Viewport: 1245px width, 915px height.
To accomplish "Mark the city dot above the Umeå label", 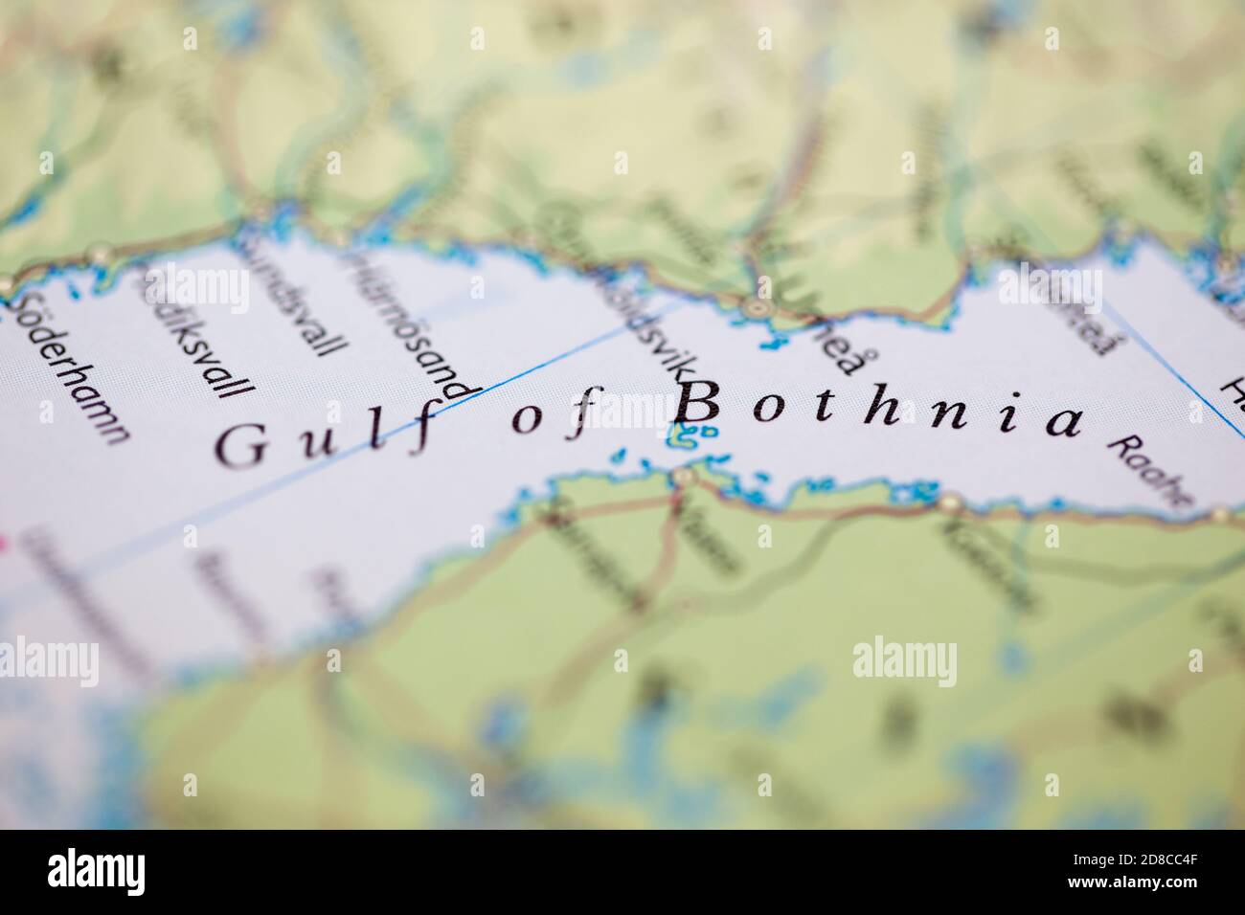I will (758, 308).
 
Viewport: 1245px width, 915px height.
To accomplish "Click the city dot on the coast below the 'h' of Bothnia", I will (951, 501).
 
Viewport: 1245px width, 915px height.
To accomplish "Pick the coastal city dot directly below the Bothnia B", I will (683, 476).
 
